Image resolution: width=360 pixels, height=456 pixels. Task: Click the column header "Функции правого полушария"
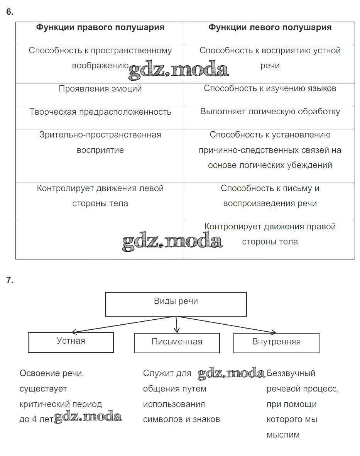coord(100,27)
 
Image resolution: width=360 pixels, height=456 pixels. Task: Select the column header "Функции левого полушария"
coord(270,27)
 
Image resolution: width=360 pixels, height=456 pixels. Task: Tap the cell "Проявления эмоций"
coord(100,89)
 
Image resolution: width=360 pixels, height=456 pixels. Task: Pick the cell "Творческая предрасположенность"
coord(100,112)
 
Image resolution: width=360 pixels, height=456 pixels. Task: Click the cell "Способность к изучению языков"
coord(270,88)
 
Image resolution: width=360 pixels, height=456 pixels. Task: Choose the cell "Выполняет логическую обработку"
coord(270,112)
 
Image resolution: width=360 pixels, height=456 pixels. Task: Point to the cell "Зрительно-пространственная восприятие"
coord(100,142)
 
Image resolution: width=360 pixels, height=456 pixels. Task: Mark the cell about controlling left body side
coord(100,196)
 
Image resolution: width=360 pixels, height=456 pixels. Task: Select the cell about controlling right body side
coord(270,234)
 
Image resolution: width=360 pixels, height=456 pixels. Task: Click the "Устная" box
coord(71,342)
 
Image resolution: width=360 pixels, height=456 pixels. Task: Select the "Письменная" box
coord(177,342)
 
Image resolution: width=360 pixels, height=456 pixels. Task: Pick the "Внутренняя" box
coord(276,342)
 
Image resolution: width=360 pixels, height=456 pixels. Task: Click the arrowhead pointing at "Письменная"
coord(177,330)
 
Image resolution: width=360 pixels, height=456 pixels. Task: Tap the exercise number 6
coord(10,12)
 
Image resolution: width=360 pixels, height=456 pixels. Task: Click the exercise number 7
coord(10,281)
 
